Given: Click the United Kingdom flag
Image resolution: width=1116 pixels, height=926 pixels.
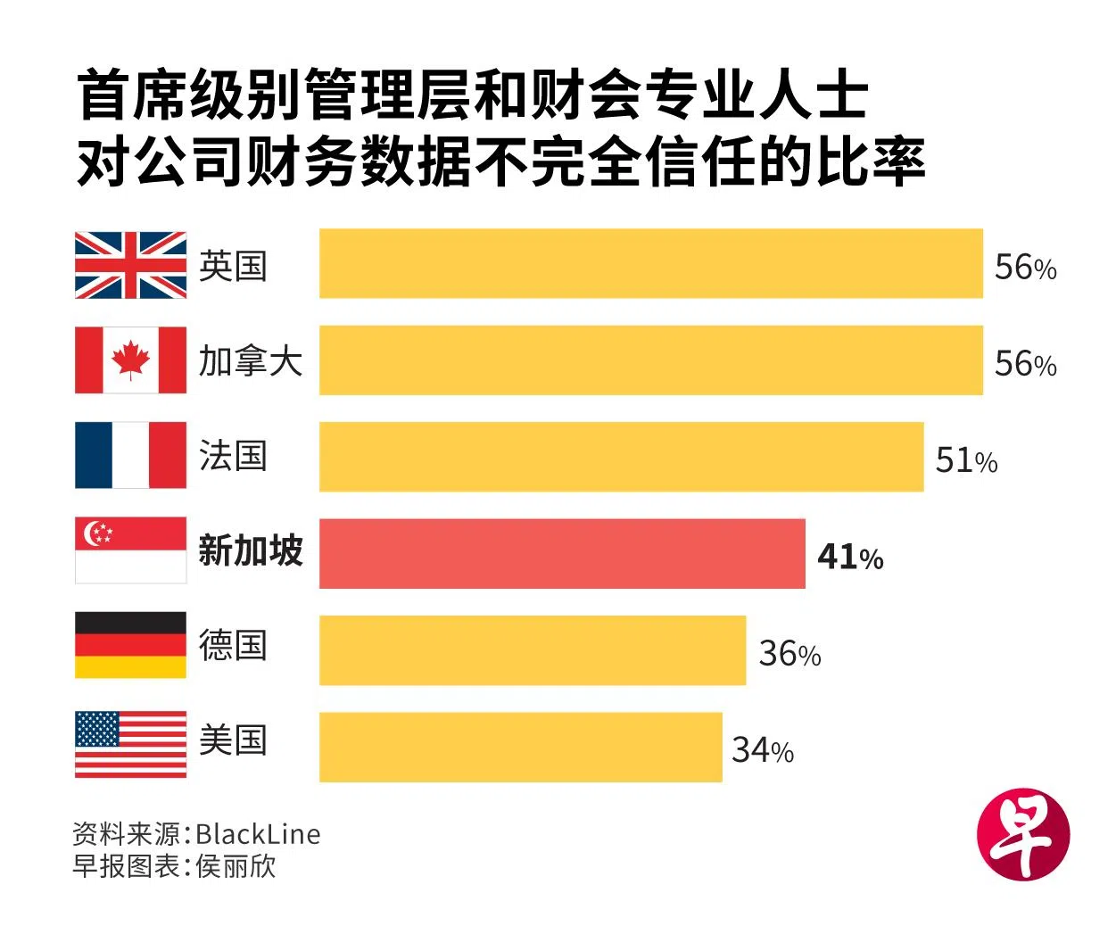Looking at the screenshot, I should tap(130, 265).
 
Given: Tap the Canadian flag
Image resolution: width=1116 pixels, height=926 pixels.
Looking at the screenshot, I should tap(130, 360).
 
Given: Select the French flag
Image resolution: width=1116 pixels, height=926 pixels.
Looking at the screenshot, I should tap(130, 456).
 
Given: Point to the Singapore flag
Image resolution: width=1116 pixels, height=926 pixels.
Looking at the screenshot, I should tap(130, 550).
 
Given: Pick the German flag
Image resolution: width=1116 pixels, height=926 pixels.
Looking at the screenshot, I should tap(130, 645).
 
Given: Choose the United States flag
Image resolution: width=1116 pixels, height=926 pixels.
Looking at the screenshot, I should tap(130, 744).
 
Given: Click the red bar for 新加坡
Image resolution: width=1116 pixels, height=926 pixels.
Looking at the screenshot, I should tap(562, 553).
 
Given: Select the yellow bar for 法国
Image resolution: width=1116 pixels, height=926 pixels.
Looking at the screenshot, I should tap(621, 457).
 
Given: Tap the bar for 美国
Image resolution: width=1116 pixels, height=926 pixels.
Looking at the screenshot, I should tap(520, 747).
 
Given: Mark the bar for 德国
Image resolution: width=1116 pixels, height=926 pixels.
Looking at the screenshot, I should tap(532, 650).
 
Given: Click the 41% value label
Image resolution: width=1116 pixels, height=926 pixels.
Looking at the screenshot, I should tap(850, 557).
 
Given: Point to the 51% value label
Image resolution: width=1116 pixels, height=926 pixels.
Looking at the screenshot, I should tap(966, 460).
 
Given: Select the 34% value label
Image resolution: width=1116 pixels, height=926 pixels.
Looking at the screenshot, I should tap(763, 750).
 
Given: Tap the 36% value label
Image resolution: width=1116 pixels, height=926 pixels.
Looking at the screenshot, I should tap(789, 654).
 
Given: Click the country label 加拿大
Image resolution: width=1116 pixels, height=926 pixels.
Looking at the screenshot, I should tap(251, 361).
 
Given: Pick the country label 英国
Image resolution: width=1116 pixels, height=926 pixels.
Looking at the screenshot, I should tap(233, 266).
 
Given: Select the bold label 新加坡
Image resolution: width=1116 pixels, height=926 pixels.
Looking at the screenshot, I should tap(251, 550).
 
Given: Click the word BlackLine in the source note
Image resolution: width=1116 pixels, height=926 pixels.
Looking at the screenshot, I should tap(258, 834).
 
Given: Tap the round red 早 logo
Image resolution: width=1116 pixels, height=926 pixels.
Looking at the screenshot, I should tap(1022, 835).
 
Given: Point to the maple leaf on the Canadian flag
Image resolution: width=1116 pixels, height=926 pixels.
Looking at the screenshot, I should tap(130, 360).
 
